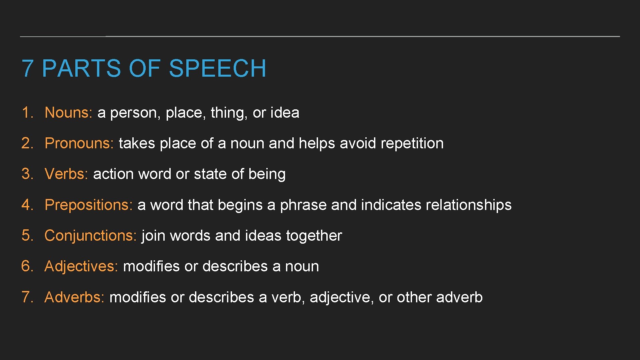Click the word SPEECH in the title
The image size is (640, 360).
tap(217, 69)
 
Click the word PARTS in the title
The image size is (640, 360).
tap(81, 69)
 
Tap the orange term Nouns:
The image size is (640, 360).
tap(68, 113)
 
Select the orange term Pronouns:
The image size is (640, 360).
tap(79, 143)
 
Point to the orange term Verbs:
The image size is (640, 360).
tap(66, 174)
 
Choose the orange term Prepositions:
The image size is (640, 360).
tap(88, 205)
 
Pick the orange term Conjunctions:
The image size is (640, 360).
tap(90, 236)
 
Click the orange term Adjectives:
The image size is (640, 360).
tap(81, 266)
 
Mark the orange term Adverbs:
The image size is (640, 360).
tap(74, 297)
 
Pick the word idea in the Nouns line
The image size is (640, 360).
tap(285, 113)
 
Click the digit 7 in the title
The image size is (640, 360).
tap(27, 69)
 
